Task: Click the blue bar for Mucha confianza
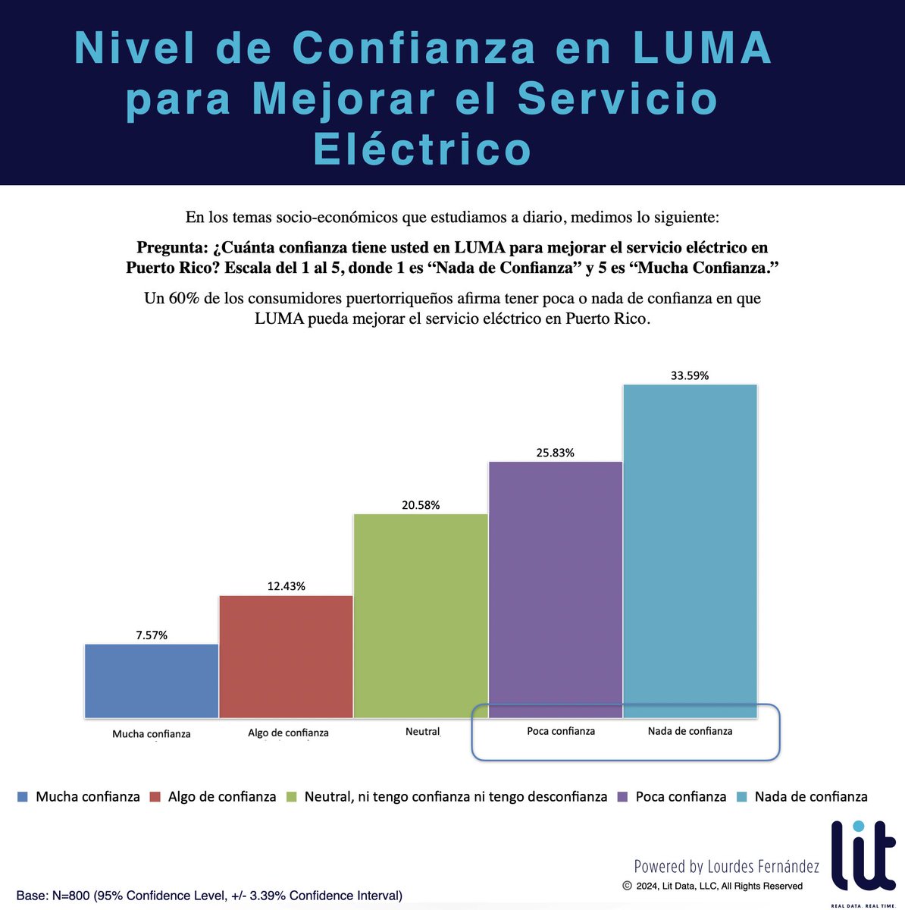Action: (152, 680)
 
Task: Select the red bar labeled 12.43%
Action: (286, 656)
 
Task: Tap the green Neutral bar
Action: (421, 615)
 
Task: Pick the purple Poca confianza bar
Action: (556, 589)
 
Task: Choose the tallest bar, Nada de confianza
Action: (690, 551)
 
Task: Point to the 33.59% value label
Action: (690, 375)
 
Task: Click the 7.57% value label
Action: (152, 635)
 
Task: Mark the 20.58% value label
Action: (421, 505)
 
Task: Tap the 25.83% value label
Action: (556, 453)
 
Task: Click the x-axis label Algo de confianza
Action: (288, 733)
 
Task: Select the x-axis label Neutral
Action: (422, 732)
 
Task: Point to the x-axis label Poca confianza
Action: (561, 731)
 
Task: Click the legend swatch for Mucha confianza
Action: (23, 797)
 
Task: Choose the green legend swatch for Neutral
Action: (291, 797)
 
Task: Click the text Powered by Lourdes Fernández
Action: (726, 866)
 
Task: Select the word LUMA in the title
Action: (702, 49)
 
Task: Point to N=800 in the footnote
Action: (74, 896)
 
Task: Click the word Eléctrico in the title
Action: (422, 149)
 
